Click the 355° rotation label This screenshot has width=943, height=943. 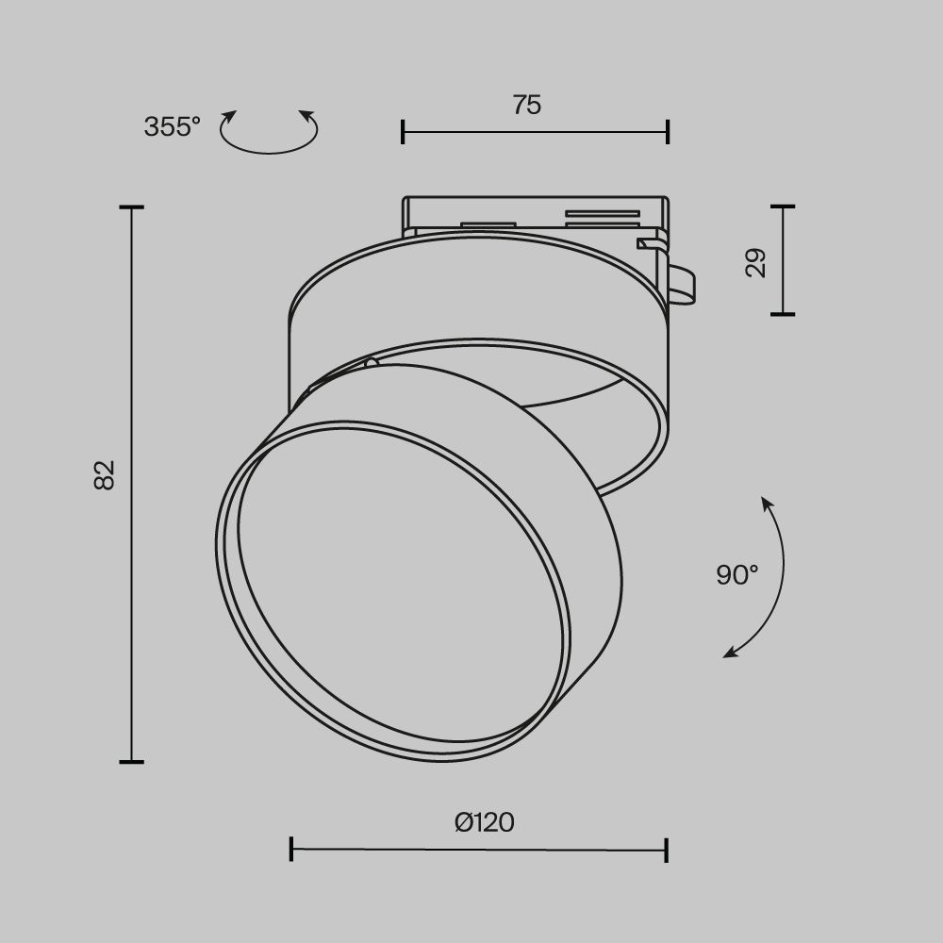coord(172,126)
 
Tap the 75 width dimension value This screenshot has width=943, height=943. coord(527,105)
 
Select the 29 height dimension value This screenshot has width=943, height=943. coord(756,262)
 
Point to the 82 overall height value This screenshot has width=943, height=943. coord(104,474)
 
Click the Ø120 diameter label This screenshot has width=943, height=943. coord(484,822)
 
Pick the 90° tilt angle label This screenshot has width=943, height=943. coord(736,574)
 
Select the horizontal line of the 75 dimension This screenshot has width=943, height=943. coord(535,132)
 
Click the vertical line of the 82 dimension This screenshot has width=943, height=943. coord(132,484)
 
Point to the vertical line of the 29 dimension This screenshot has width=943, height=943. coord(783,260)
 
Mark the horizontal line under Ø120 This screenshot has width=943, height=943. coord(478,850)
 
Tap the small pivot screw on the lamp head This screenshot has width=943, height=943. coord(371,362)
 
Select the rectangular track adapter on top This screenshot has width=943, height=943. coord(535,215)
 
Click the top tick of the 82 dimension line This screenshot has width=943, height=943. coord(132,207)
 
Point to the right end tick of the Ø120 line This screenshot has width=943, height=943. coord(667,850)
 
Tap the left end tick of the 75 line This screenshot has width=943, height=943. coord(403,132)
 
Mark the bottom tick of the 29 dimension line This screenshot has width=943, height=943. coord(783,314)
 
